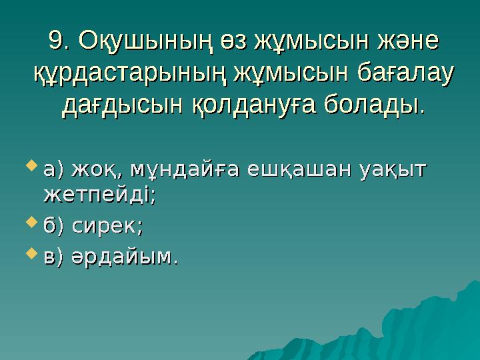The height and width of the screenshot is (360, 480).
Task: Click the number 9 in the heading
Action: (x=57, y=41)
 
